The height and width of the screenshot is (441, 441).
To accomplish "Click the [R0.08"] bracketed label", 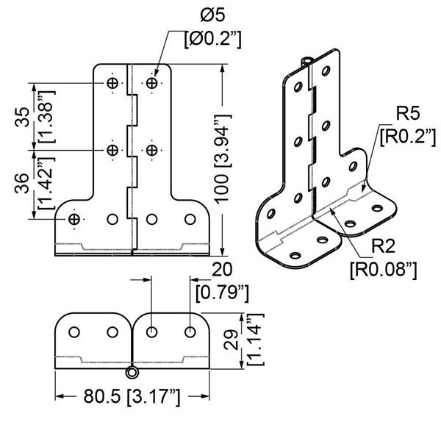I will tap(383, 269).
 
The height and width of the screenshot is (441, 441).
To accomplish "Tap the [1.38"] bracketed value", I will tap(45, 117).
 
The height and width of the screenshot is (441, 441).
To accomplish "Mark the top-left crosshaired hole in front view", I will tap(112, 84).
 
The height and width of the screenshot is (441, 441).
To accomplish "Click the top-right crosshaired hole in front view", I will tap(151, 84).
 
